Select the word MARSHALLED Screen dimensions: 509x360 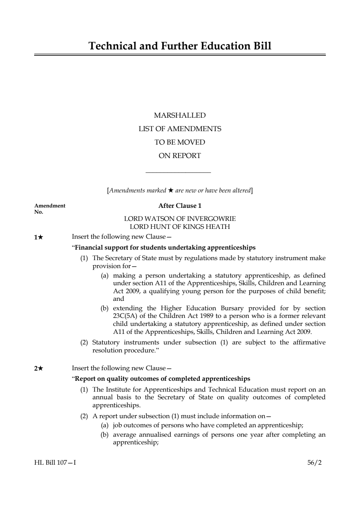(x=180, y=116)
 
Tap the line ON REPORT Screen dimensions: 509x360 (x=180, y=156)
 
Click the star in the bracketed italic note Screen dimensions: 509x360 (x=171, y=190)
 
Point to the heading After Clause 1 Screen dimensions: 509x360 (x=180, y=206)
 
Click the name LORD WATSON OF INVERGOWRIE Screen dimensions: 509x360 (x=180, y=219)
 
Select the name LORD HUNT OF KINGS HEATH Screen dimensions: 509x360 (x=180, y=227)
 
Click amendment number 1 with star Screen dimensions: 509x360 (x=39, y=237)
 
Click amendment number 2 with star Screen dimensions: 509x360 (x=39, y=368)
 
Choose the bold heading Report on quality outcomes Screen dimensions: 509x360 (x=162, y=379)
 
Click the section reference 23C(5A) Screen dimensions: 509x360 (x=125, y=316)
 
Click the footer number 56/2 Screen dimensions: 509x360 (x=314, y=463)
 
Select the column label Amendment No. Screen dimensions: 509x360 (x=50, y=208)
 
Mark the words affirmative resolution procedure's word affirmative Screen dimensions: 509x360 (x=309, y=343)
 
